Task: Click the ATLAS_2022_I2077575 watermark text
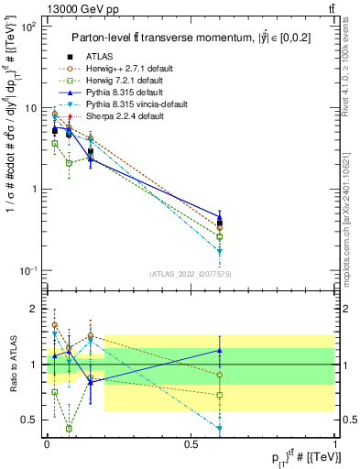(x=191, y=275)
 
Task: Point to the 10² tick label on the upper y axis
(x=27, y=27)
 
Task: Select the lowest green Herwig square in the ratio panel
(x=70, y=428)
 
